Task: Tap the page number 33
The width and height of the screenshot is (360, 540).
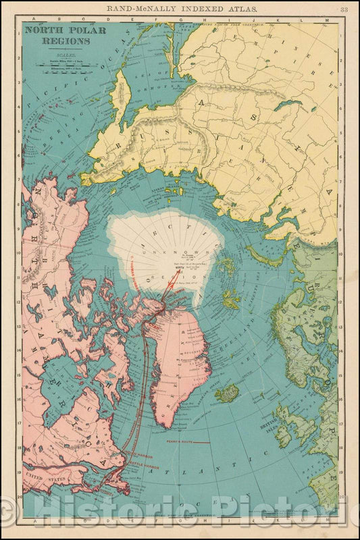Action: [344, 9]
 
